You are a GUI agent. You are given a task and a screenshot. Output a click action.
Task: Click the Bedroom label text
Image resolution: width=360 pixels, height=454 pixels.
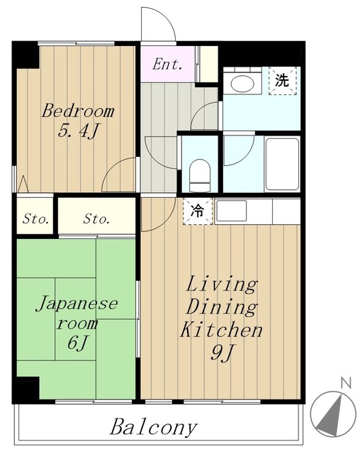click(x=78, y=111)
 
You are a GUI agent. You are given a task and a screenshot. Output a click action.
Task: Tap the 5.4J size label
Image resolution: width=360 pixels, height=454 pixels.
click(x=79, y=131)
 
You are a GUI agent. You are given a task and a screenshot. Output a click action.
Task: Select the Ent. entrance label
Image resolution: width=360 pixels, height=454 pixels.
click(x=167, y=64)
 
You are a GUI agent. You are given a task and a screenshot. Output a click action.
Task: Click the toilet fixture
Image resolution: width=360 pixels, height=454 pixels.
click(x=200, y=175)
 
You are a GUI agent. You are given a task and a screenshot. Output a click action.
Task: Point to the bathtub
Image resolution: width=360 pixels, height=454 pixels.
click(x=282, y=164)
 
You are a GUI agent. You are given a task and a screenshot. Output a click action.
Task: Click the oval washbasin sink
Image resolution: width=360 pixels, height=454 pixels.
click(x=242, y=84)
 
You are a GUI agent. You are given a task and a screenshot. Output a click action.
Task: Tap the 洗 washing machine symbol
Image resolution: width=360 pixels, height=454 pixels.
click(x=282, y=80)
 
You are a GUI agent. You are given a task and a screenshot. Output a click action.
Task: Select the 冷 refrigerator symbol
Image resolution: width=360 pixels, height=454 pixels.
click(x=198, y=211)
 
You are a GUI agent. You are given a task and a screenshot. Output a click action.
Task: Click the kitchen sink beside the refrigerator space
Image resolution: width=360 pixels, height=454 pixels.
click(x=232, y=211)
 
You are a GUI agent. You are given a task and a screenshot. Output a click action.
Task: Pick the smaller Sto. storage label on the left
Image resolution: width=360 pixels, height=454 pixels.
click(x=35, y=218)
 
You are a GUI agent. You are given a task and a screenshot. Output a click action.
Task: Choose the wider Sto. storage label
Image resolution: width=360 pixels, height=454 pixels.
click(x=96, y=218)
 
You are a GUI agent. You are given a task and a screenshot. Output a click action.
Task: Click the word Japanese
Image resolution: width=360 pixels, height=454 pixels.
click(x=77, y=304)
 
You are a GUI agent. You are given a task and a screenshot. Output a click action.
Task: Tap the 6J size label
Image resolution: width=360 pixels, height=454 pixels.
click(x=77, y=343)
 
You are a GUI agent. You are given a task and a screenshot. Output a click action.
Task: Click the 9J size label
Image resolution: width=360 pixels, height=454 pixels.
click(x=222, y=353)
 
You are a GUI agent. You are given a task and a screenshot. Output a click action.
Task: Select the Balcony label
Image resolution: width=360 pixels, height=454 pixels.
click(x=154, y=427)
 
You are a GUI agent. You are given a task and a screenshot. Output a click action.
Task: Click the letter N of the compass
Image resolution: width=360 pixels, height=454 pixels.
click(x=346, y=383)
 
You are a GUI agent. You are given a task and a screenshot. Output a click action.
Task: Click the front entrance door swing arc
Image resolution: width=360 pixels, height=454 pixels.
click(x=166, y=17)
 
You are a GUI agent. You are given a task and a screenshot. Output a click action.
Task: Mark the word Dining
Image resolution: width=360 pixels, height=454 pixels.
click(x=222, y=307)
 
